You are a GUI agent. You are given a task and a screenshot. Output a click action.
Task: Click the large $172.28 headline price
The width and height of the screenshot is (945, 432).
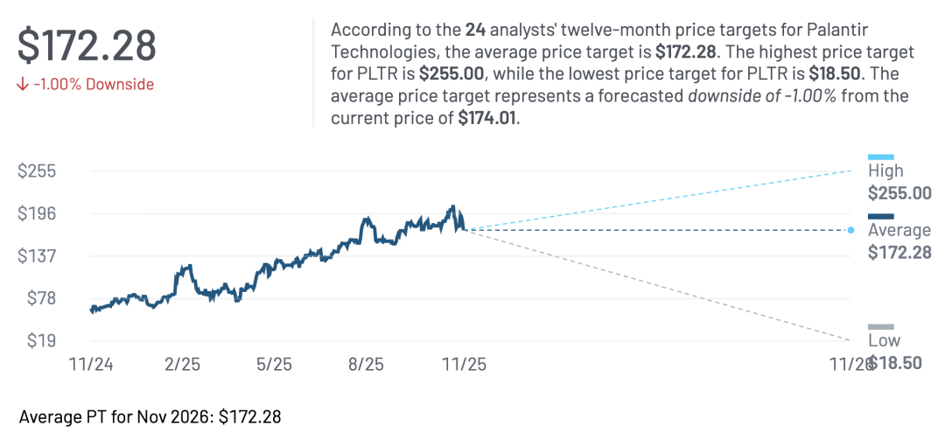click(87, 46)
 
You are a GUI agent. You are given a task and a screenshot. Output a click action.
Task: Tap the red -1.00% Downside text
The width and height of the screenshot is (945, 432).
click(86, 85)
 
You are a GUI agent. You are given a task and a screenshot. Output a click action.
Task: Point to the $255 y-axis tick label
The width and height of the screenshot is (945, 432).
click(37, 171)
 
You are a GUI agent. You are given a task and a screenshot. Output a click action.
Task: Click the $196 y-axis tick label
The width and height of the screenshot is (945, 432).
click(37, 213)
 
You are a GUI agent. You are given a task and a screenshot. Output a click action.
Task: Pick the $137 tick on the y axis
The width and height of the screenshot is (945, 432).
click(37, 256)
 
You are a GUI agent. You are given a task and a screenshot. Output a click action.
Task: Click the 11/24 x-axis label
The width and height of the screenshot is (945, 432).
click(91, 364)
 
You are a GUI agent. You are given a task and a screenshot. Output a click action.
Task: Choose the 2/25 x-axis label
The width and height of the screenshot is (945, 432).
click(181, 364)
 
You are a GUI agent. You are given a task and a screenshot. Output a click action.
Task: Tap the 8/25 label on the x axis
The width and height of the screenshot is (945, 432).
click(365, 364)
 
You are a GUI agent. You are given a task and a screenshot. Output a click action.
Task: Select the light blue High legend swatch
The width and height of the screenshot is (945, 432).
click(880, 157)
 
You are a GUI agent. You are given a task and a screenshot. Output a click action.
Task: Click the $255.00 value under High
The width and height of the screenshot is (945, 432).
click(899, 193)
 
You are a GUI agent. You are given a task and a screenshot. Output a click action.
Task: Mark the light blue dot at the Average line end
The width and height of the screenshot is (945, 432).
click(850, 230)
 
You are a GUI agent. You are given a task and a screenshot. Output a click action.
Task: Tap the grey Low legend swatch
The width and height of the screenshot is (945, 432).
click(880, 327)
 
